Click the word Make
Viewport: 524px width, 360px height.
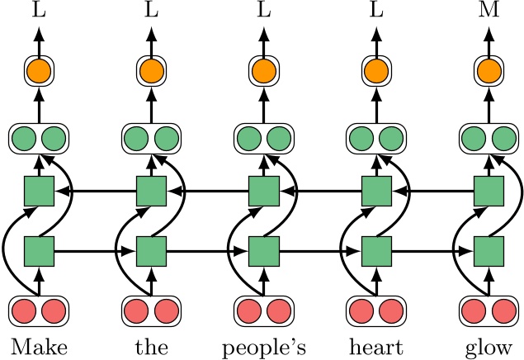pyautogui.click(x=38, y=345)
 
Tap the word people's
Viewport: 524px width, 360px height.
pyautogui.click(x=264, y=345)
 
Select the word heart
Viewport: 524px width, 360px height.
pyautogui.click(x=376, y=345)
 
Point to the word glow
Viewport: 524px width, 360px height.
pyautogui.click(x=489, y=345)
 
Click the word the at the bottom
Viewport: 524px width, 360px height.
pyautogui.click(x=151, y=345)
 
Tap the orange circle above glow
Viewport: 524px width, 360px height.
pyautogui.click(x=489, y=72)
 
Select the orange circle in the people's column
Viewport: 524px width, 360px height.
pyautogui.click(x=264, y=72)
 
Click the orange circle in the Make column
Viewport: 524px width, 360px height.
pyautogui.click(x=38, y=72)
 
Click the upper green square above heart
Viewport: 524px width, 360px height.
pyautogui.click(x=376, y=192)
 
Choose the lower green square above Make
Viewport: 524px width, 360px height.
pyautogui.click(x=38, y=249)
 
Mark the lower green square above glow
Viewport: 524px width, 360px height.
pyautogui.click(x=489, y=249)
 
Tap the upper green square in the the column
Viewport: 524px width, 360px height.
pyautogui.click(x=151, y=192)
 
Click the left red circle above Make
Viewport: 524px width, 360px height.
pyautogui.click(x=25, y=311)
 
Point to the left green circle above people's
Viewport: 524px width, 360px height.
pyautogui.click(x=250, y=136)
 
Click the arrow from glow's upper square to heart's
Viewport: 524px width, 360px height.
pyautogui.click(x=432, y=192)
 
